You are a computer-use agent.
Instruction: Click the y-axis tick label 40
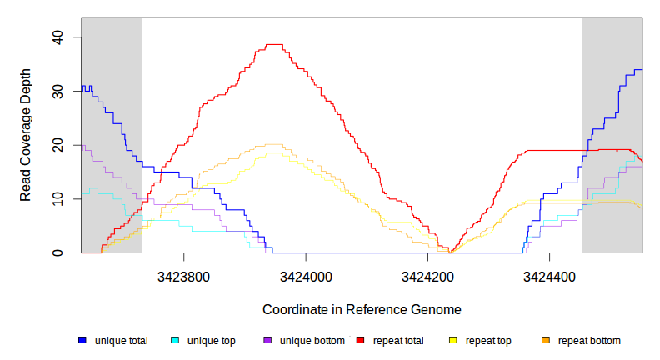coord(57,37)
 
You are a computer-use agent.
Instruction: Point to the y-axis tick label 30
coord(57,92)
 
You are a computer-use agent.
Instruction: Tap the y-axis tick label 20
coord(57,145)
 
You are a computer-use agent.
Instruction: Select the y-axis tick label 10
coord(57,199)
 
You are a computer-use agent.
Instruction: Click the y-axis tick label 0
coord(57,252)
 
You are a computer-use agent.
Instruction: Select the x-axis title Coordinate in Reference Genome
coord(362,309)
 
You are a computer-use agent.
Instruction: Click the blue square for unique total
coord(82,341)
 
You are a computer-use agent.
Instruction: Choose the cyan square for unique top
coord(175,341)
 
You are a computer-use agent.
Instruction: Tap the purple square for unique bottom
coord(267,341)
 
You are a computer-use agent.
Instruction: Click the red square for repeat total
coord(361,341)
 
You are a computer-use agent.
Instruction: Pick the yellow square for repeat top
coord(453,341)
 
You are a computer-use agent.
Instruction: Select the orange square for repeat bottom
coord(546,341)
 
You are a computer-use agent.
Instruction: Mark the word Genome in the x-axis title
coord(436,309)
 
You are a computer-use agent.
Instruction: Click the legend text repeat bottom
coord(589,341)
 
